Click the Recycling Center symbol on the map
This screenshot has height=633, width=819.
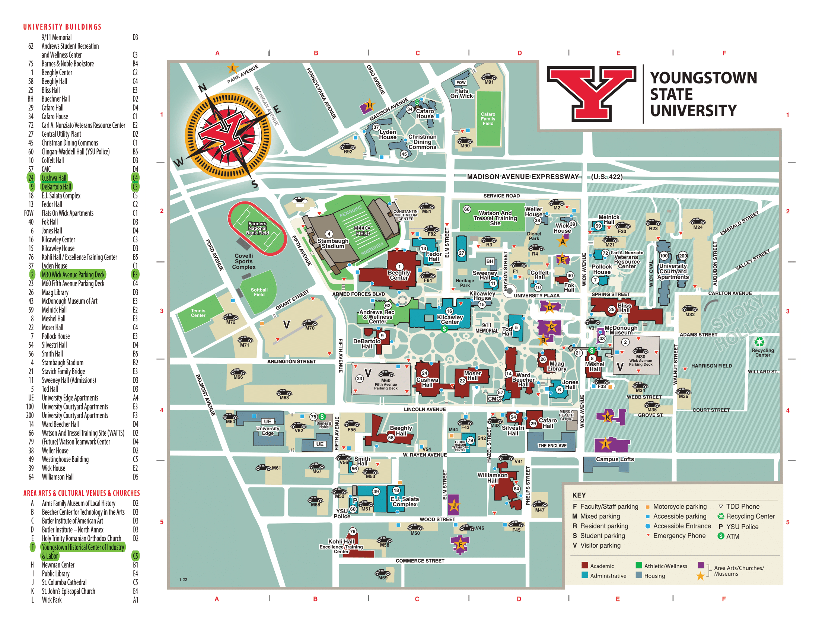[x=759, y=341]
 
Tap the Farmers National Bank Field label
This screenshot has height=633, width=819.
[x=257, y=228]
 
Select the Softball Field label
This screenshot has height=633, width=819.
[x=259, y=292]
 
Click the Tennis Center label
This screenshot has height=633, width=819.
[x=198, y=313]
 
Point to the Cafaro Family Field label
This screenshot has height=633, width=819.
[x=488, y=119]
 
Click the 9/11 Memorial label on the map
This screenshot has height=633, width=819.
[x=487, y=328]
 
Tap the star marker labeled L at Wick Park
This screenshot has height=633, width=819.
[x=233, y=68]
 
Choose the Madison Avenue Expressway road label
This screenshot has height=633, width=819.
[x=523, y=176]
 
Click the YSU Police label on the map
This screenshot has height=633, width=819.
[x=342, y=513]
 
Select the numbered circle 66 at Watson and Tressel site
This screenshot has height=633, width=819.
[x=466, y=209]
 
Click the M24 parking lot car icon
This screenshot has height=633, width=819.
[x=698, y=221]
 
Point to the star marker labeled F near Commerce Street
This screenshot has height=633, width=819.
[x=460, y=544]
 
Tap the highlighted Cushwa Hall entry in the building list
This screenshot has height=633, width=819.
[x=54, y=178]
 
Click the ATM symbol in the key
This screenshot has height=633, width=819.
[x=721, y=536]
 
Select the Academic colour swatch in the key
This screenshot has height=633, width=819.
[x=584, y=566]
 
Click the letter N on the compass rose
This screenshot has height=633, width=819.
[x=203, y=88]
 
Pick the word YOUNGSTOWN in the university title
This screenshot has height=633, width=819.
[x=704, y=78]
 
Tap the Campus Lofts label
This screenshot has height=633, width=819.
[x=615, y=459]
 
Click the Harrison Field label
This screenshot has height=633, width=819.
[x=711, y=366]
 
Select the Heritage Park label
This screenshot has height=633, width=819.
[x=465, y=283]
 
